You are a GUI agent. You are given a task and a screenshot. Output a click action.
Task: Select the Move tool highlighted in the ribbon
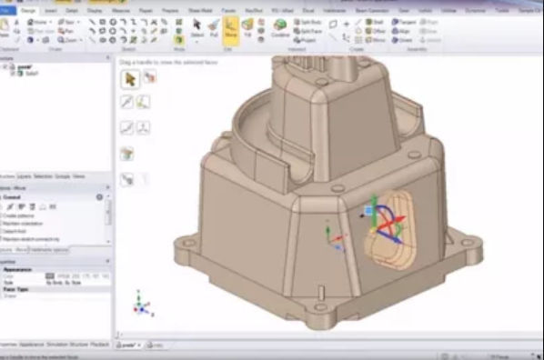pyautogui.click(x=230, y=31)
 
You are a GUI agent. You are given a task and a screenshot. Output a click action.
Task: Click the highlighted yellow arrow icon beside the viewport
pyautogui.click(x=129, y=78)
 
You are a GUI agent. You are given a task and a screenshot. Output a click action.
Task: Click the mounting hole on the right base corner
pyautogui.click(x=471, y=243)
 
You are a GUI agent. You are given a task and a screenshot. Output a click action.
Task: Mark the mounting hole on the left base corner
pyautogui.click(x=187, y=244)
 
